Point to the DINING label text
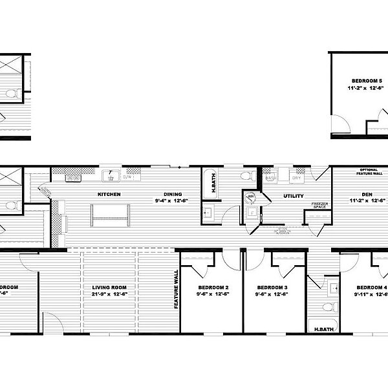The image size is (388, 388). [x=173, y=194]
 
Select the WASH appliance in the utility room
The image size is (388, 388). [x=270, y=177]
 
